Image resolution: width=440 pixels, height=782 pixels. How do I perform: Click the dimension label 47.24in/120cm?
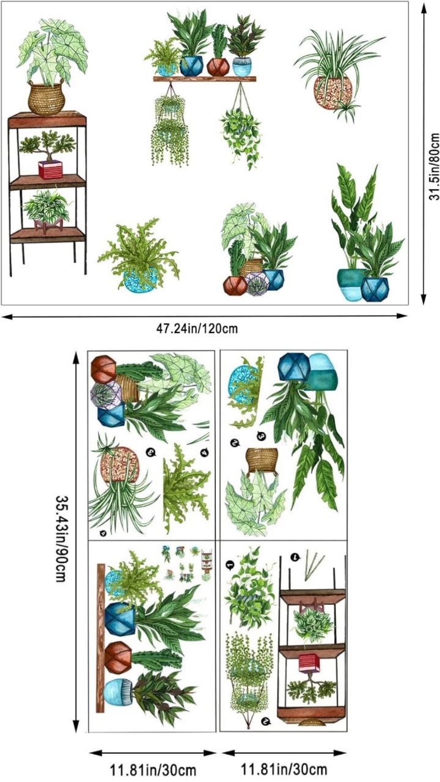(197, 329)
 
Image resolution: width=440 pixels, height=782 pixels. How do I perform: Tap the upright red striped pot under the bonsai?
(51, 170)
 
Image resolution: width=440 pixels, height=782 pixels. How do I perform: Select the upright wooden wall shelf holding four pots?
(205, 79)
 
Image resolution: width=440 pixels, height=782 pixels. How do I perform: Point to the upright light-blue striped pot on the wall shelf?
(242, 67)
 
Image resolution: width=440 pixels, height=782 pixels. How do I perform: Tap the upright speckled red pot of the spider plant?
(333, 92)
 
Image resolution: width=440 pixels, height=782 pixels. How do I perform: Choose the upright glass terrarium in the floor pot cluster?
(257, 284)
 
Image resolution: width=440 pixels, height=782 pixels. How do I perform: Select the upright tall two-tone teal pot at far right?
(350, 285)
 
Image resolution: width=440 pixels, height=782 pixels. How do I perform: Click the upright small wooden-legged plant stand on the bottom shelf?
(48, 225)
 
